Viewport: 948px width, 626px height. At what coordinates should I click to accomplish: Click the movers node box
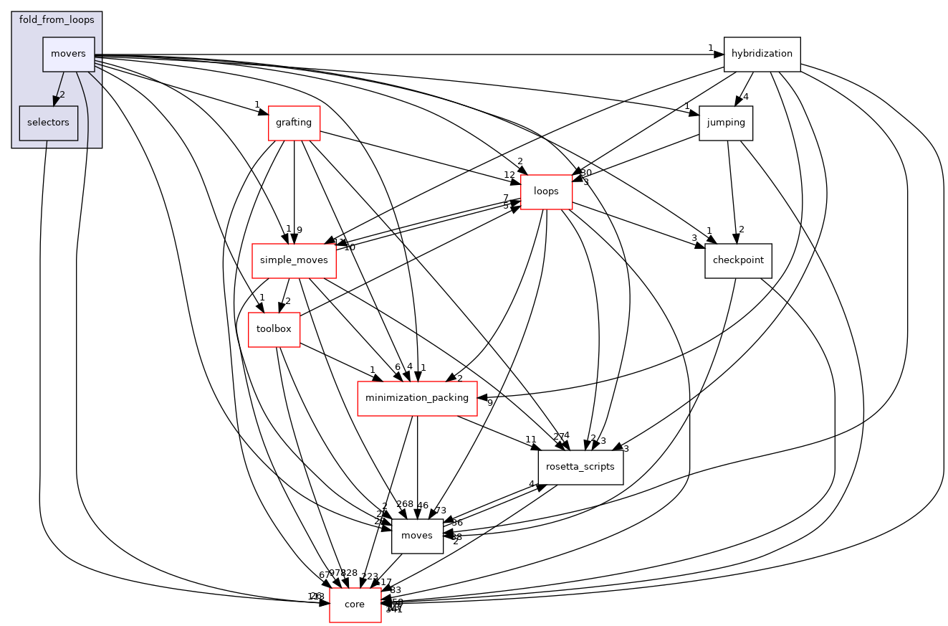(x=69, y=54)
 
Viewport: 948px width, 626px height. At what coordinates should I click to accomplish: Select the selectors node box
(x=48, y=123)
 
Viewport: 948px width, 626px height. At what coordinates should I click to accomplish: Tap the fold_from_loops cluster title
(x=57, y=19)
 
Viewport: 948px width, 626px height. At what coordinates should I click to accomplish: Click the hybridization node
(x=762, y=54)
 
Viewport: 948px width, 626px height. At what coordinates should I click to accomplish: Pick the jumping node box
(x=726, y=123)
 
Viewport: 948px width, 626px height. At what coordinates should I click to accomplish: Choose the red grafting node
(x=294, y=123)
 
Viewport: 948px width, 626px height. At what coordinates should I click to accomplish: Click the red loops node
(x=546, y=191)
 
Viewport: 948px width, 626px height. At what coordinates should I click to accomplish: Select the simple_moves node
(x=294, y=260)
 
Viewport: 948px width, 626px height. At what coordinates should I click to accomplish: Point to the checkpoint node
(x=738, y=260)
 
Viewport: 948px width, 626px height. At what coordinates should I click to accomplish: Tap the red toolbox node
(x=274, y=329)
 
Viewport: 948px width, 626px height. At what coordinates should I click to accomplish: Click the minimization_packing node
(x=417, y=397)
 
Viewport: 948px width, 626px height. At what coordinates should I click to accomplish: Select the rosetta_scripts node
(x=580, y=467)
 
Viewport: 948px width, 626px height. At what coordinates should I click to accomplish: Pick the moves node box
(x=417, y=536)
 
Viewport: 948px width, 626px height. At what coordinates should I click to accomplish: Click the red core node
(x=355, y=604)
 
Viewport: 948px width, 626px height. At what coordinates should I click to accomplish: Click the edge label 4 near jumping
(x=746, y=97)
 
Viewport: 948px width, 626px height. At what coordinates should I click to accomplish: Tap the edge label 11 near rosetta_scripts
(x=530, y=440)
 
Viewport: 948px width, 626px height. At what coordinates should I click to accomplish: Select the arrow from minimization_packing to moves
(x=417, y=466)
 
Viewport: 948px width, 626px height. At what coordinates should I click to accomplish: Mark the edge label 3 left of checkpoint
(x=694, y=237)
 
